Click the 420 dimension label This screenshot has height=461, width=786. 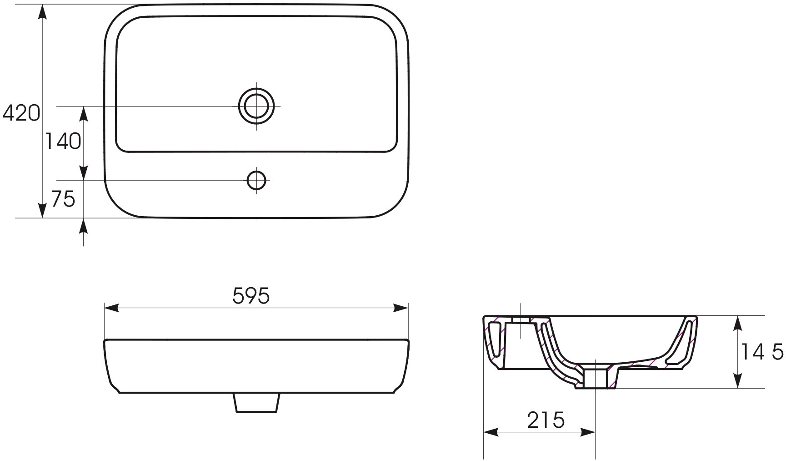[21, 113]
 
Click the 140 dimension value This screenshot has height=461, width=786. [63, 142]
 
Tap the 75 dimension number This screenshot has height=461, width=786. [63, 199]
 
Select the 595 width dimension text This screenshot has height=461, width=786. [251, 296]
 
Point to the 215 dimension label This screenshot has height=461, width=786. [546, 420]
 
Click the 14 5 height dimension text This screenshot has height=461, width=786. [762, 352]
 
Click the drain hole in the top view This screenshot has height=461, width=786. [257, 106]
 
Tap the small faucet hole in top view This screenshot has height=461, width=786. [256, 180]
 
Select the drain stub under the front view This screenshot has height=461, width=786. [256, 403]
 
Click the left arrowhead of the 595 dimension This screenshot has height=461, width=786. [111, 308]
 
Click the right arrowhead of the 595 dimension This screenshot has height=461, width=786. [401, 308]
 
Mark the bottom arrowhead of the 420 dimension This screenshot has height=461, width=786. [42, 211]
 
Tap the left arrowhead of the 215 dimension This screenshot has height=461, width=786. [490, 432]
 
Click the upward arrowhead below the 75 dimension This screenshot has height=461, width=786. [84, 226]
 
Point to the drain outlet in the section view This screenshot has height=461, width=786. [596, 379]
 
